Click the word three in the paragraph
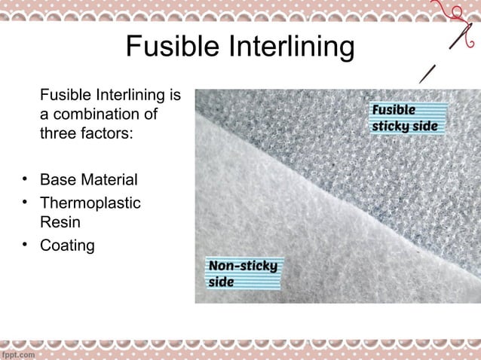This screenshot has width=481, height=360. coord(57,135)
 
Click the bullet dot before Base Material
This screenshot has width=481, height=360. coord(25,179)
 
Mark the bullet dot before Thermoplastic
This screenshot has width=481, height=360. coord(25,202)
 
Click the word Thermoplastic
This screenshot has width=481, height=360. coord(90,203)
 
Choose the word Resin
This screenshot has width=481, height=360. coord(59,223)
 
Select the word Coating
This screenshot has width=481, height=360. coord(67,246)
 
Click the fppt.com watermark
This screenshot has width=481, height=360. coord(18,352)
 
